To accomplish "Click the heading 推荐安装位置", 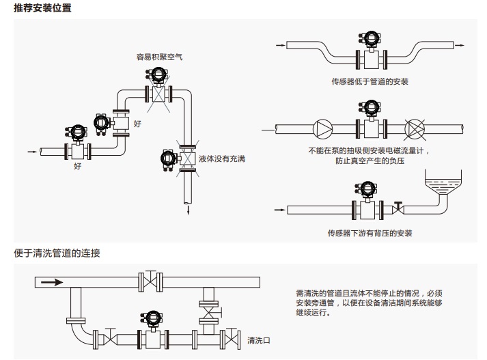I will (42, 8).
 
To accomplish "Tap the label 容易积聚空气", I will (160, 57).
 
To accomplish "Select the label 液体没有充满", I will (222, 158).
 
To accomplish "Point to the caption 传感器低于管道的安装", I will (370, 82).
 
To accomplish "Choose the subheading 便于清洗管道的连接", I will (57, 253).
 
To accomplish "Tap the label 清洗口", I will (257, 340).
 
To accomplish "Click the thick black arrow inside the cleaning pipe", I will (51, 281).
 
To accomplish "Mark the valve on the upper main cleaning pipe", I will (152, 280).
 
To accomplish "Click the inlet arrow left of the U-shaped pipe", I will (279, 46).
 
